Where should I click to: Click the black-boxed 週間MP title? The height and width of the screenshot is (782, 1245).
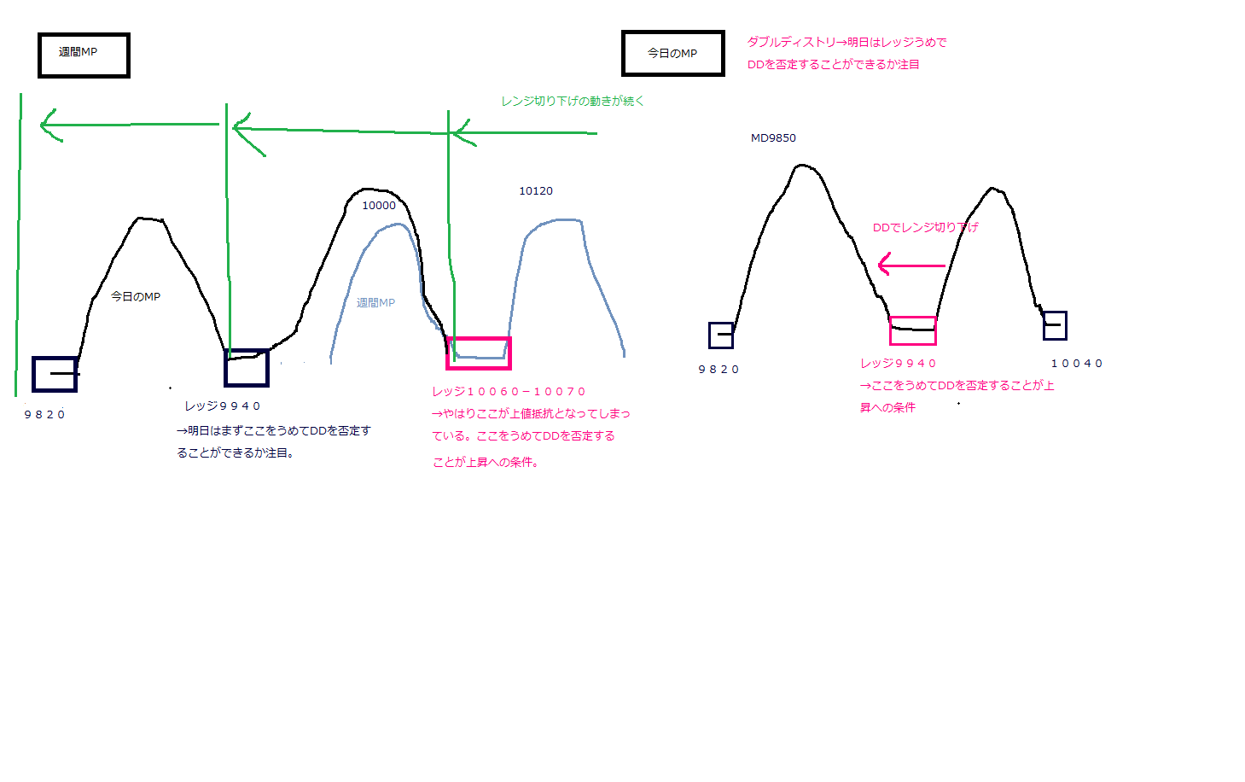pos(84,55)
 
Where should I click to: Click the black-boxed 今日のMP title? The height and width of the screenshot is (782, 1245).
pos(673,54)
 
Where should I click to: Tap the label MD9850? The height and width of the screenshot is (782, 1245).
pos(773,138)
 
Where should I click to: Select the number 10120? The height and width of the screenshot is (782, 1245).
pos(536,190)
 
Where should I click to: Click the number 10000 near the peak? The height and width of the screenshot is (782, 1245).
pos(379,205)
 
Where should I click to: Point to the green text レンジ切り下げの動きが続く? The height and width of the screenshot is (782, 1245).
pos(573,102)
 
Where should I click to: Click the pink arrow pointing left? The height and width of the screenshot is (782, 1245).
pos(911,265)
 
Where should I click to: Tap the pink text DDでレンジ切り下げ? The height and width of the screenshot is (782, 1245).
pos(925,227)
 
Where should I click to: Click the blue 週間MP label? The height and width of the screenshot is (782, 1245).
pos(375,302)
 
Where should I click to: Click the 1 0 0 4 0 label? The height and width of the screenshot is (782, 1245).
pos(1077,363)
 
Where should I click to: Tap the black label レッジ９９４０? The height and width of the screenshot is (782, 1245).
pos(223,406)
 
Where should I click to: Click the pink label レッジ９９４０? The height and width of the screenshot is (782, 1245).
pos(899,363)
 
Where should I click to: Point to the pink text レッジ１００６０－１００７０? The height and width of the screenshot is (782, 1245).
pos(509,392)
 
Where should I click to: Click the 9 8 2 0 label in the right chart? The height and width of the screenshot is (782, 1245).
pos(718,370)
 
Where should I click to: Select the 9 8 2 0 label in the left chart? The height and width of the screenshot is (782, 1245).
pos(44,414)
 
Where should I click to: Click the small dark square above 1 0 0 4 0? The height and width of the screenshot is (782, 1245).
pos(1055,325)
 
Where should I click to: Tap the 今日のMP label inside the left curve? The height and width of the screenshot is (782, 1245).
pos(136,296)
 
